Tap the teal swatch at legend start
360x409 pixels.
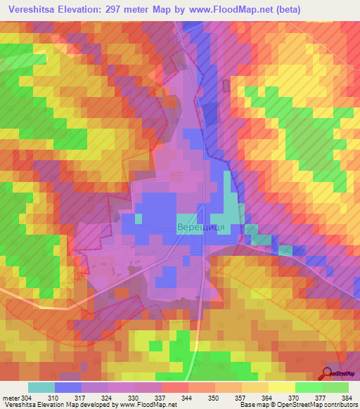point(41,387)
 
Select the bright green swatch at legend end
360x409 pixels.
point(335,387)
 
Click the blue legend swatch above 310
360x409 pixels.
point(68,387)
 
